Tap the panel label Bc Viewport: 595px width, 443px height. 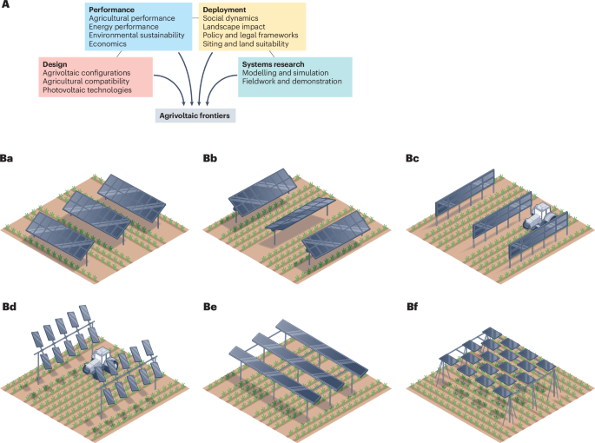(412, 159)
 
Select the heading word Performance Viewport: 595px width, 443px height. (110, 10)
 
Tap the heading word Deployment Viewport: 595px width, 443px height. (225, 10)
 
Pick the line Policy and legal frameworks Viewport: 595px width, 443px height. (249, 36)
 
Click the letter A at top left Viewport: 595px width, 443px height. (5, 6)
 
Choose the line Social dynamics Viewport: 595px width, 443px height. (232, 18)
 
